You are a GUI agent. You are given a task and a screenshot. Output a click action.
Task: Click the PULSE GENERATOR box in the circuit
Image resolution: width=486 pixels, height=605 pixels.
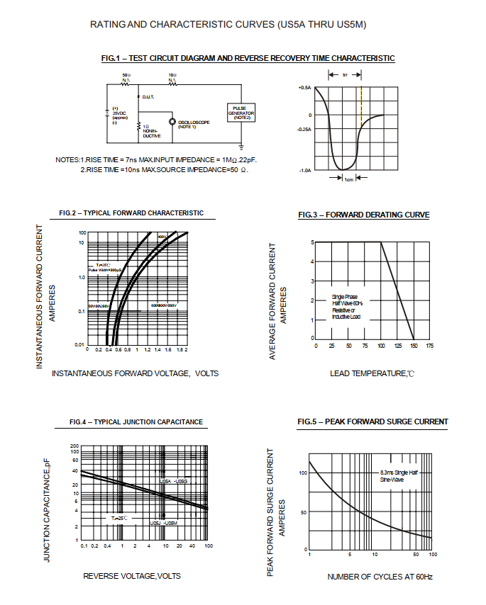(240, 112)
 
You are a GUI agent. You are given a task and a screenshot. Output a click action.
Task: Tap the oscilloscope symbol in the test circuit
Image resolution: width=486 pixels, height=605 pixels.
(172, 122)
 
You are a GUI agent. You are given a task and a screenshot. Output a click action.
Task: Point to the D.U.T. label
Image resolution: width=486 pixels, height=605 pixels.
(148, 96)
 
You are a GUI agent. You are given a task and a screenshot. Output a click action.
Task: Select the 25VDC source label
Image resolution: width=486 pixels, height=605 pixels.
(118, 113)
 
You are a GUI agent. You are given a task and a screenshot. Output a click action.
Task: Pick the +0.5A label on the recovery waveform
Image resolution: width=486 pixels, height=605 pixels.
(305, 87)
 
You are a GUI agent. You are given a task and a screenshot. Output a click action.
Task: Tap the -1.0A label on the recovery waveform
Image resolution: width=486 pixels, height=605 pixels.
(305, 171)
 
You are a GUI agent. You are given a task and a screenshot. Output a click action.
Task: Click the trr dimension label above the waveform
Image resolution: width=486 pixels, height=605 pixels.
(345, 74)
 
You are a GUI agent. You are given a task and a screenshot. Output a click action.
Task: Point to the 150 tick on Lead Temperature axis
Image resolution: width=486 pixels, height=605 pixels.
(414, 346)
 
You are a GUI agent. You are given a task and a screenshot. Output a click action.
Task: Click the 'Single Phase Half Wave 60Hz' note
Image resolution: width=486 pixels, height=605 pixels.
(346, 307)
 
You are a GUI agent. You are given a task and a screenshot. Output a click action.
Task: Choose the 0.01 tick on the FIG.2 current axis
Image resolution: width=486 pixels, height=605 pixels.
(80, 345)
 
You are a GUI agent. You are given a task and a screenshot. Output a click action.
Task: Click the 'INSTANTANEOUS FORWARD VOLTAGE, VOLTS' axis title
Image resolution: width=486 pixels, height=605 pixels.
(135, 373)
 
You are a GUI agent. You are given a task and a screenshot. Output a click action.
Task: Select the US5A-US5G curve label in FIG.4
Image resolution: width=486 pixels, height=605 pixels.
(174, 481)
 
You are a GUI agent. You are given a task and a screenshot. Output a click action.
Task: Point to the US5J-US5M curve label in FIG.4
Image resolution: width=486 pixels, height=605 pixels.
(164, 522)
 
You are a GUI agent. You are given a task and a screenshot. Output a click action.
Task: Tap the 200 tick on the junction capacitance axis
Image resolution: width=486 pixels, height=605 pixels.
(74, 446)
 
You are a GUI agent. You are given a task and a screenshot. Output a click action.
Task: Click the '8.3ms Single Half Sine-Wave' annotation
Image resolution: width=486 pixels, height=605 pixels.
(398, 475)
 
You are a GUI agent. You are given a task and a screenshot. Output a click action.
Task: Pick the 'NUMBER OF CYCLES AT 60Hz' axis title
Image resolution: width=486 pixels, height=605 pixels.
(380, 576)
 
